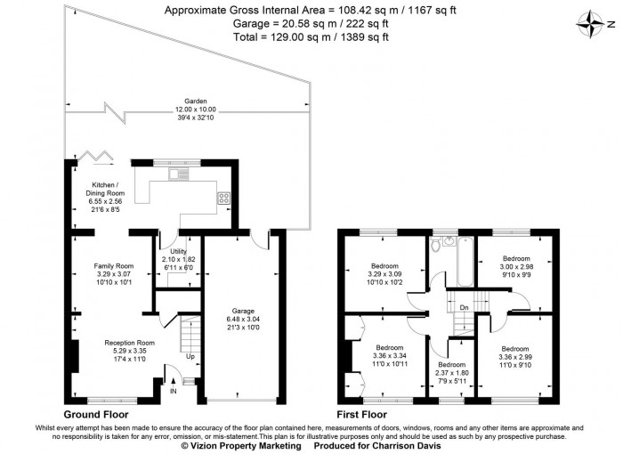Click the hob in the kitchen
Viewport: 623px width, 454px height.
(x=223, y=198)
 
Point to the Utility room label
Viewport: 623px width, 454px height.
(x=179, y=252)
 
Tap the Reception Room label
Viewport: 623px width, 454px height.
(x=129, y=342)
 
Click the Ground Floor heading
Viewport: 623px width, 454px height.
(x=96, y=415)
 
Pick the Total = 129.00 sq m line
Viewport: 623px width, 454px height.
(x=311, y=37)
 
